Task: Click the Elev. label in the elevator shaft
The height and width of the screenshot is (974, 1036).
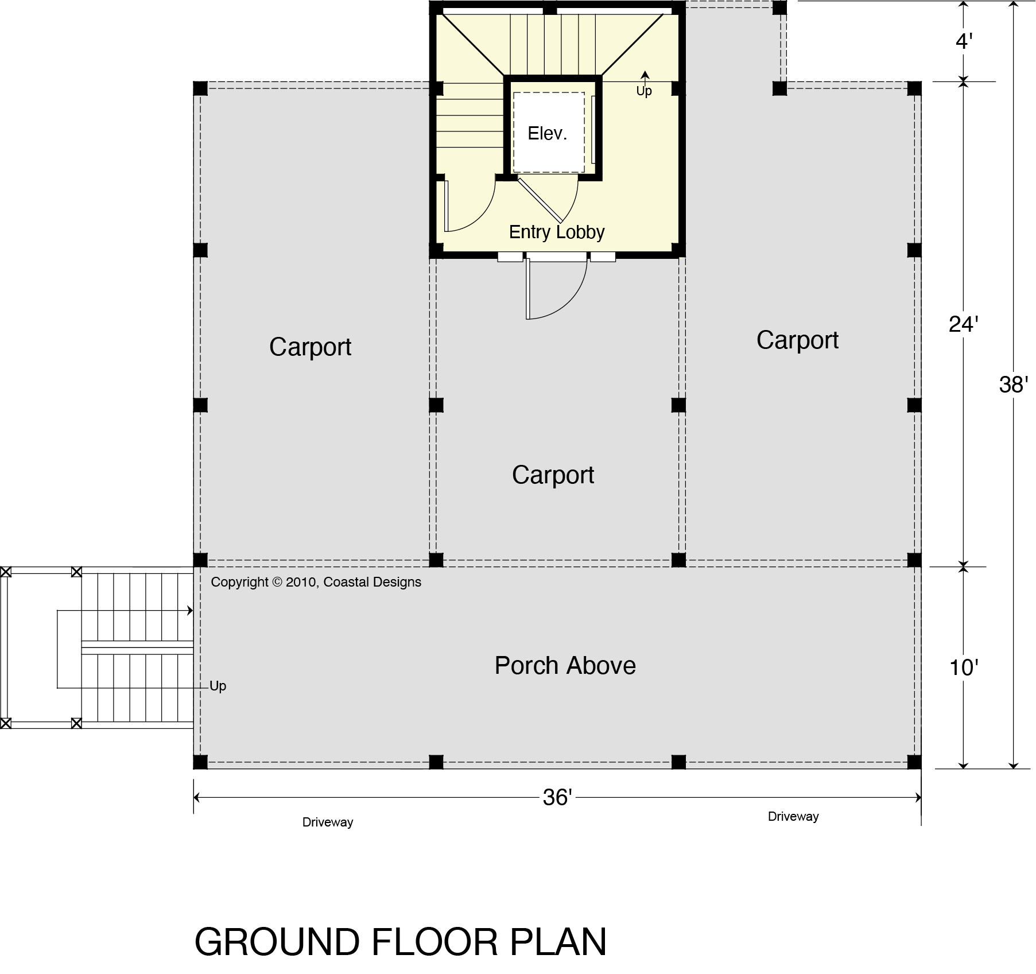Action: point(547,134)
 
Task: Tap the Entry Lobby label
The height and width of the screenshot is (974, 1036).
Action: point(557,232)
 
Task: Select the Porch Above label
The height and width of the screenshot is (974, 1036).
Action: point(565,666)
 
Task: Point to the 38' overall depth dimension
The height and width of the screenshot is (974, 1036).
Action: point(1013,385)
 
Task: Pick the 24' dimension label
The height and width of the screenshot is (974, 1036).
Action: point(963,325)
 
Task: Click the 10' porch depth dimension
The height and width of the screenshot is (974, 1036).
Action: point(963,668)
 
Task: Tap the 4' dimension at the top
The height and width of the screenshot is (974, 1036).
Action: point(964,41)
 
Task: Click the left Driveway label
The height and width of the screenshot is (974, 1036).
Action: point(328,822)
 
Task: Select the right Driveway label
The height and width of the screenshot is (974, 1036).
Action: point(793,816)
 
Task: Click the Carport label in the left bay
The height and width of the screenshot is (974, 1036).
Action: point(310,347)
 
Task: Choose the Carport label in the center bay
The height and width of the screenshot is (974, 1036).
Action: point(553,475)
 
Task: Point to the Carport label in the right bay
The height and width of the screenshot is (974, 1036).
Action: point(797,340)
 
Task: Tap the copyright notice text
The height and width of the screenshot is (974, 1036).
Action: point(316,582)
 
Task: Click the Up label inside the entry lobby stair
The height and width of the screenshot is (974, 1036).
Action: point(644,91)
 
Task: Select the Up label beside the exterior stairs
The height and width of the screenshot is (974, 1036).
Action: point(218,686)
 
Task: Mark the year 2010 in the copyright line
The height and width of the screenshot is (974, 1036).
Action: point(301,582)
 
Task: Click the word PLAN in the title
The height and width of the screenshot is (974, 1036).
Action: point(558,942)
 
